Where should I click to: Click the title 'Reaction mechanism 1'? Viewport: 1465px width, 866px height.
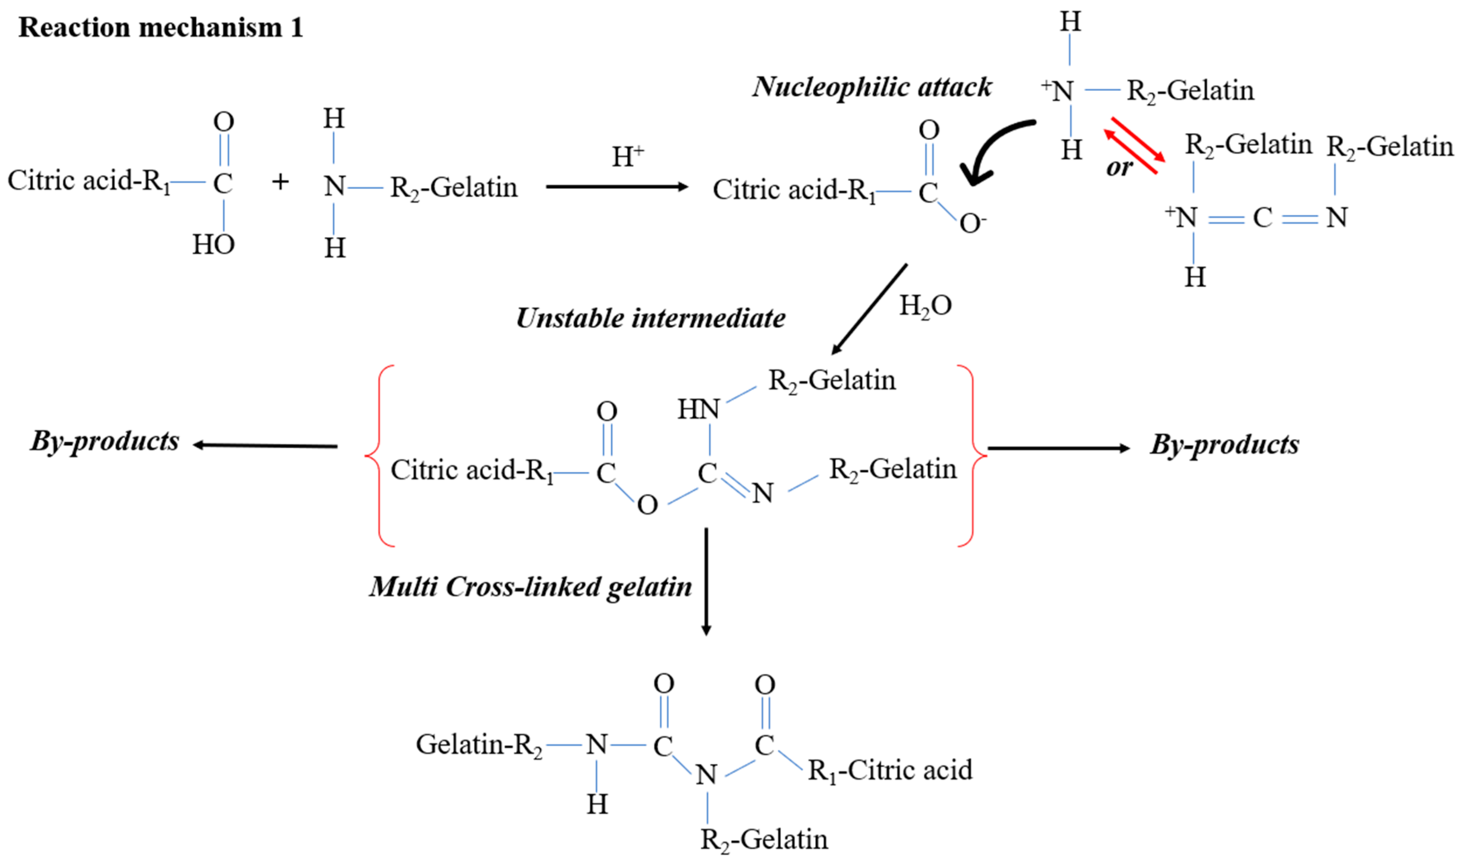(161, 27)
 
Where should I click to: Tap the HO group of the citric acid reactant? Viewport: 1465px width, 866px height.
(214, 244)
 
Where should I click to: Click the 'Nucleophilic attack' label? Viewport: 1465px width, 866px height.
(871, 88)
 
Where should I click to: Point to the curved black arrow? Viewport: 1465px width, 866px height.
(992, 149)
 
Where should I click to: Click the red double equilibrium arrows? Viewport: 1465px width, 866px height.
(1134, 145)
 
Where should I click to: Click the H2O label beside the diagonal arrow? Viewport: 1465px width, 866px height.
(925, 306)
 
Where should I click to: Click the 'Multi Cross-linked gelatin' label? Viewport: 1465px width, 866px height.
(530, 587)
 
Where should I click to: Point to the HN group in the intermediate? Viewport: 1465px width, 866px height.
(698, 410)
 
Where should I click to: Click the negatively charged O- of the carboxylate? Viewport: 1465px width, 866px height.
(972, 223)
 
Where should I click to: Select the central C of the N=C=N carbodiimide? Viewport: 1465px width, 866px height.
(1262, 218)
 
